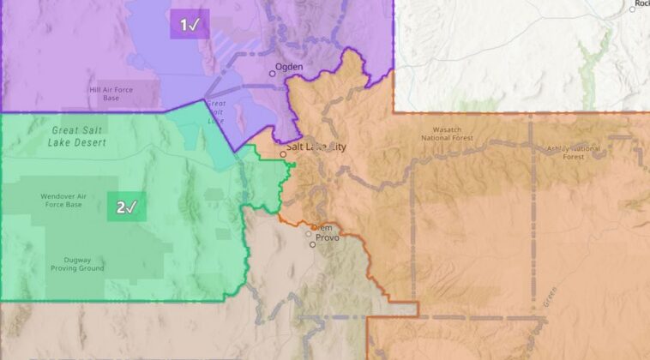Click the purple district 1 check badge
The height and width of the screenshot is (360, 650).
(190, 25)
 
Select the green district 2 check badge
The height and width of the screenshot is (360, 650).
(126, 207)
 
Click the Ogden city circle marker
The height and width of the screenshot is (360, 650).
(274, 73)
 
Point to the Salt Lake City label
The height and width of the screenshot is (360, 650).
(317, 147)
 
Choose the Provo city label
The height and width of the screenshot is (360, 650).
(328, 237)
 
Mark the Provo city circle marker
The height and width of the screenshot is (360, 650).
(313, 244)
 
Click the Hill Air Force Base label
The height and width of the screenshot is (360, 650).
(116, 93)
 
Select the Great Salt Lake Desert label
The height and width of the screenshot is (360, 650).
(79, 136)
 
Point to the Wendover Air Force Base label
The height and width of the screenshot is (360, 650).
(62, 201)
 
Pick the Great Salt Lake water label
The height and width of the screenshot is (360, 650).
(215, 111)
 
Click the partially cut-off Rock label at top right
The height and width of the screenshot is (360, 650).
(641, 4)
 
